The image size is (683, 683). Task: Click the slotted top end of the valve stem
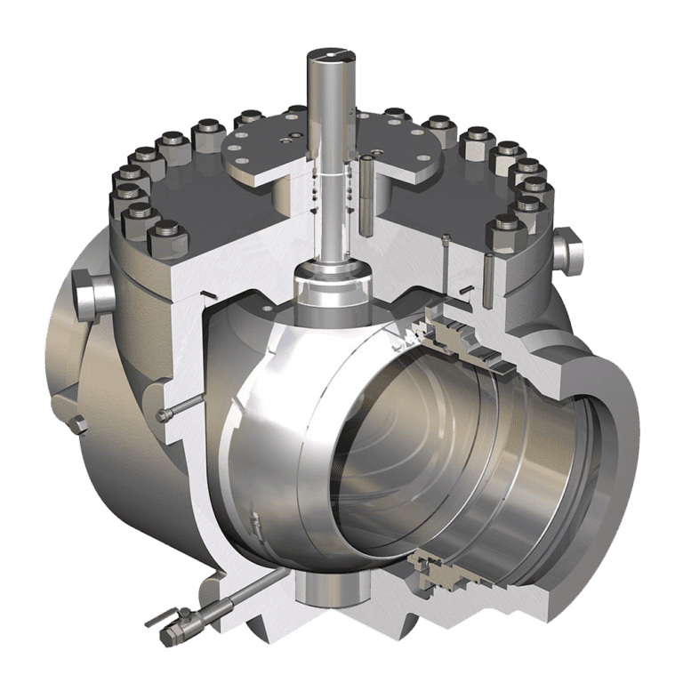pyautogui.click(x=328, y=55)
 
